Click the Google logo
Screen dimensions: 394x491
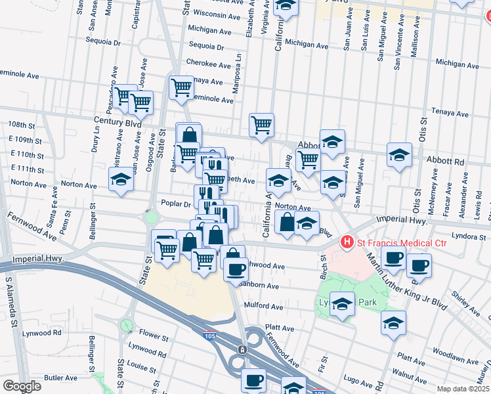[x=22, y=386]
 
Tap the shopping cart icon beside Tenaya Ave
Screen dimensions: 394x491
[x=181, y=87]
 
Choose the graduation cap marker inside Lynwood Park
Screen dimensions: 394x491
[x=342, y=305]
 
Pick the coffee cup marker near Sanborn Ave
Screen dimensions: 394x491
[x=236, y=268]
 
